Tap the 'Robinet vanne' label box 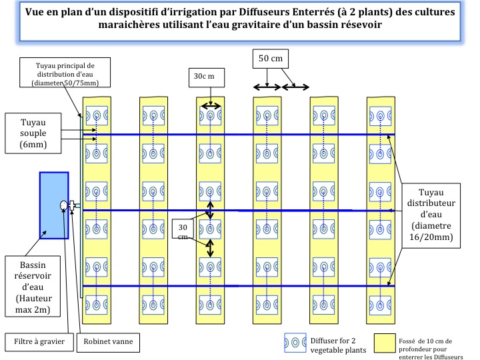coord(109,342)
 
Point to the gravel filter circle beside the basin coord(65,205)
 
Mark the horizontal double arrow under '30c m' coord(211,105)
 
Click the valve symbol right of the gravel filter coord(71,205)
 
